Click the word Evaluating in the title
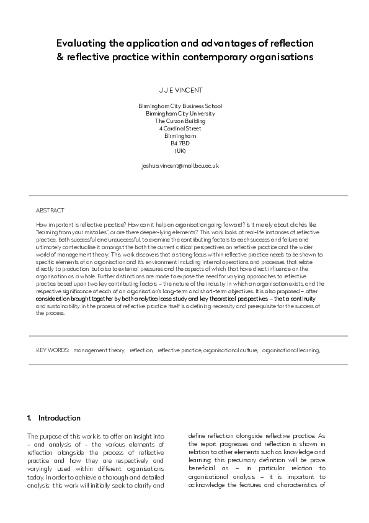(x=79, y=44)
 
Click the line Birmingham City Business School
(x=180, y=106)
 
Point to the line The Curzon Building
(x=180, y=121)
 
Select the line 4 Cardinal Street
(x=180, y=129)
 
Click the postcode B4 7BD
(x=180, y=143)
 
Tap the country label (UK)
(x=180, y=151)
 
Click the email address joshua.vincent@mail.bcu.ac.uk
(x=180, y=166)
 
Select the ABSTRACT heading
(x=50, y=211)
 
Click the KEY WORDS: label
(x=52, y=350)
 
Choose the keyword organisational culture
(x=230, y=350)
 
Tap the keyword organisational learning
(x=291, y=350)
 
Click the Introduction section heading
(x=60, y=418)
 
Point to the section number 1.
(x=29, y=418)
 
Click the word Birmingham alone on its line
(x=180, y=136)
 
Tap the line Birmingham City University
(x=180, y=114)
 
